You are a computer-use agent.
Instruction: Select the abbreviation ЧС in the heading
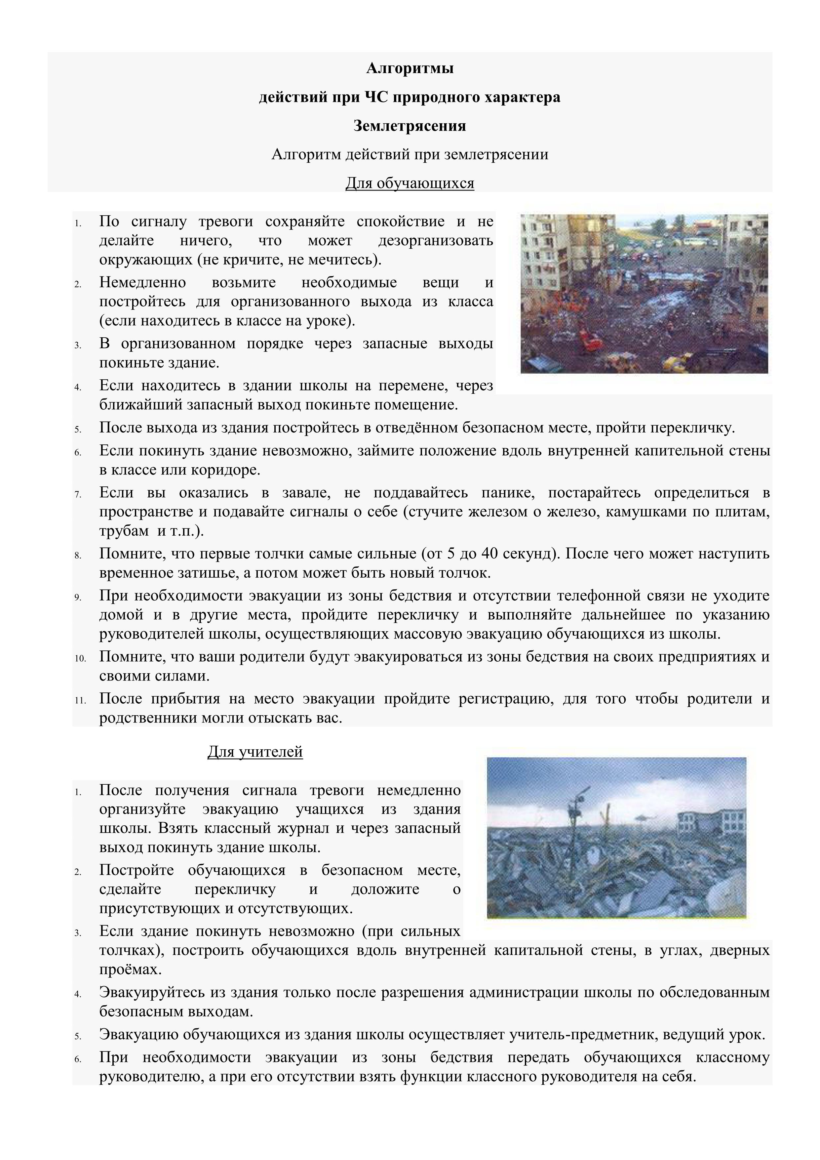click(x=374, y=97)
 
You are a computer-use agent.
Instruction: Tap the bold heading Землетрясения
click(x=410, y=125)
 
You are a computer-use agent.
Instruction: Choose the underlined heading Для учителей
click(x=255, y=752)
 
